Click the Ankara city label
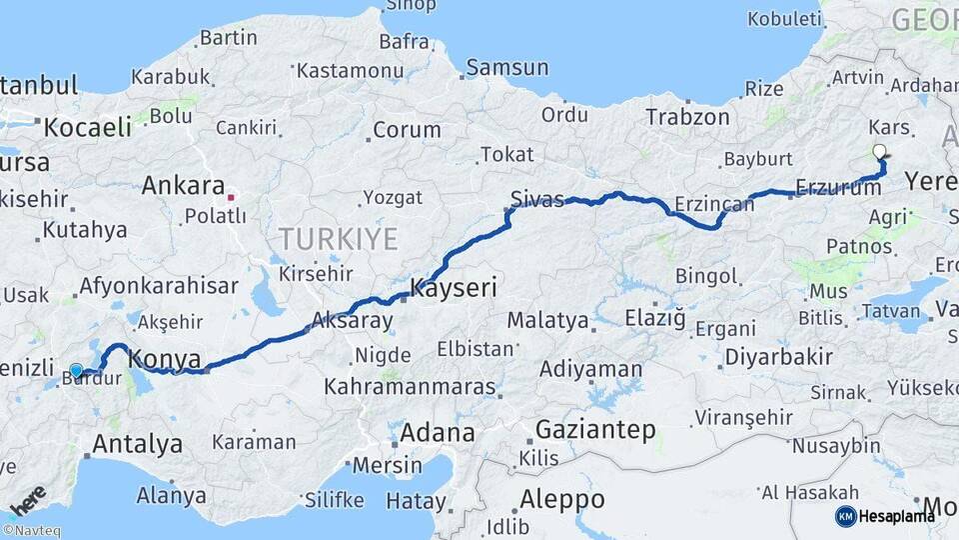(183, 186)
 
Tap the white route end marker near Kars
(879, 152)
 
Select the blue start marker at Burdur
(76, 371)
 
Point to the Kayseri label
(455, 289)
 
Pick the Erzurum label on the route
(834, 188)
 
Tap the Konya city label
(165, 359)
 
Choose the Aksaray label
(353, 320)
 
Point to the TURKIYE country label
(338, 239)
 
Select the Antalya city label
(137, 443)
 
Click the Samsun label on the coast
(507, 68)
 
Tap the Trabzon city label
(687, 117)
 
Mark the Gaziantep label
(596, 430)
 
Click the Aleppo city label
(562, 498)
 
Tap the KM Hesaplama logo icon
(846, 516)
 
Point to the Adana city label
(438, 433)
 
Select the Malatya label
(547, 321)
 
